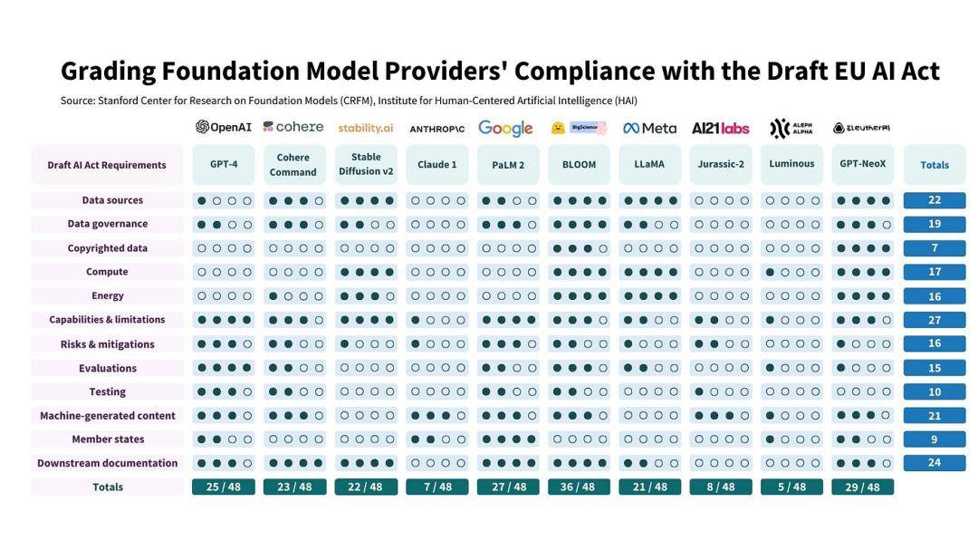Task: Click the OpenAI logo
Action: pos(224,127)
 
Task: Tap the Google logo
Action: pos(505,128)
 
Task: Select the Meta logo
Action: pos(649,128)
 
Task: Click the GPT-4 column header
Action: pos(224,164)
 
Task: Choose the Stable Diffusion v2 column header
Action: pos(366,164)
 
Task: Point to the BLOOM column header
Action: pos(579,164)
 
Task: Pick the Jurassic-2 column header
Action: pos(721,164)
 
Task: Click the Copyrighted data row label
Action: pos(108,248)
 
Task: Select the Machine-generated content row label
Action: pos(108,416)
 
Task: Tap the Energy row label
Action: pos(108,295)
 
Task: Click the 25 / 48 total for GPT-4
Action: pos(224,487)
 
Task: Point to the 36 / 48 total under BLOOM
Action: pos(579,487)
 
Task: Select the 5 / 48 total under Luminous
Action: pos(791,487)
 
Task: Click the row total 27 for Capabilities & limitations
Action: pos(935,320)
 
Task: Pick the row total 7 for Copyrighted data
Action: pos(935,248)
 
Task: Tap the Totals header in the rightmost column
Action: pos(935,165)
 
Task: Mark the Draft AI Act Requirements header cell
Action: pos(107,165)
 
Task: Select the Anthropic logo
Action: pos(436,129)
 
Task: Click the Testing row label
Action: pos(108,391)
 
